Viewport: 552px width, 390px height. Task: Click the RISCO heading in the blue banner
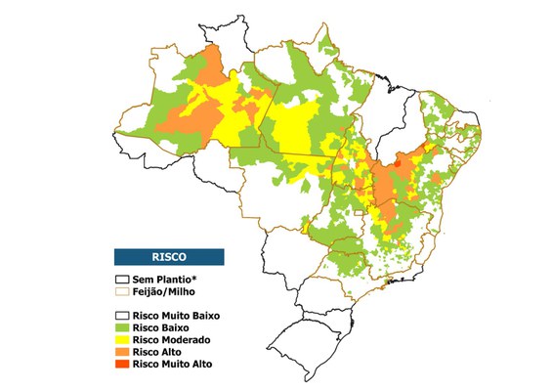point(168,257)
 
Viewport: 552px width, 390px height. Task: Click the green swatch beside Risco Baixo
point(121,327)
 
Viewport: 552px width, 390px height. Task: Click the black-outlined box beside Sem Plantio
point(121,281)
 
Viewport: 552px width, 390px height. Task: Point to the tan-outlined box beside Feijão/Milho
point(121,291)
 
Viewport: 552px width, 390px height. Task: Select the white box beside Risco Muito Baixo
point(121,316)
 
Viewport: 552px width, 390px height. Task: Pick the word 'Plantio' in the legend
point(175,281)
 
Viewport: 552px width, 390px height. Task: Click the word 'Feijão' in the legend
point(149,291)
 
